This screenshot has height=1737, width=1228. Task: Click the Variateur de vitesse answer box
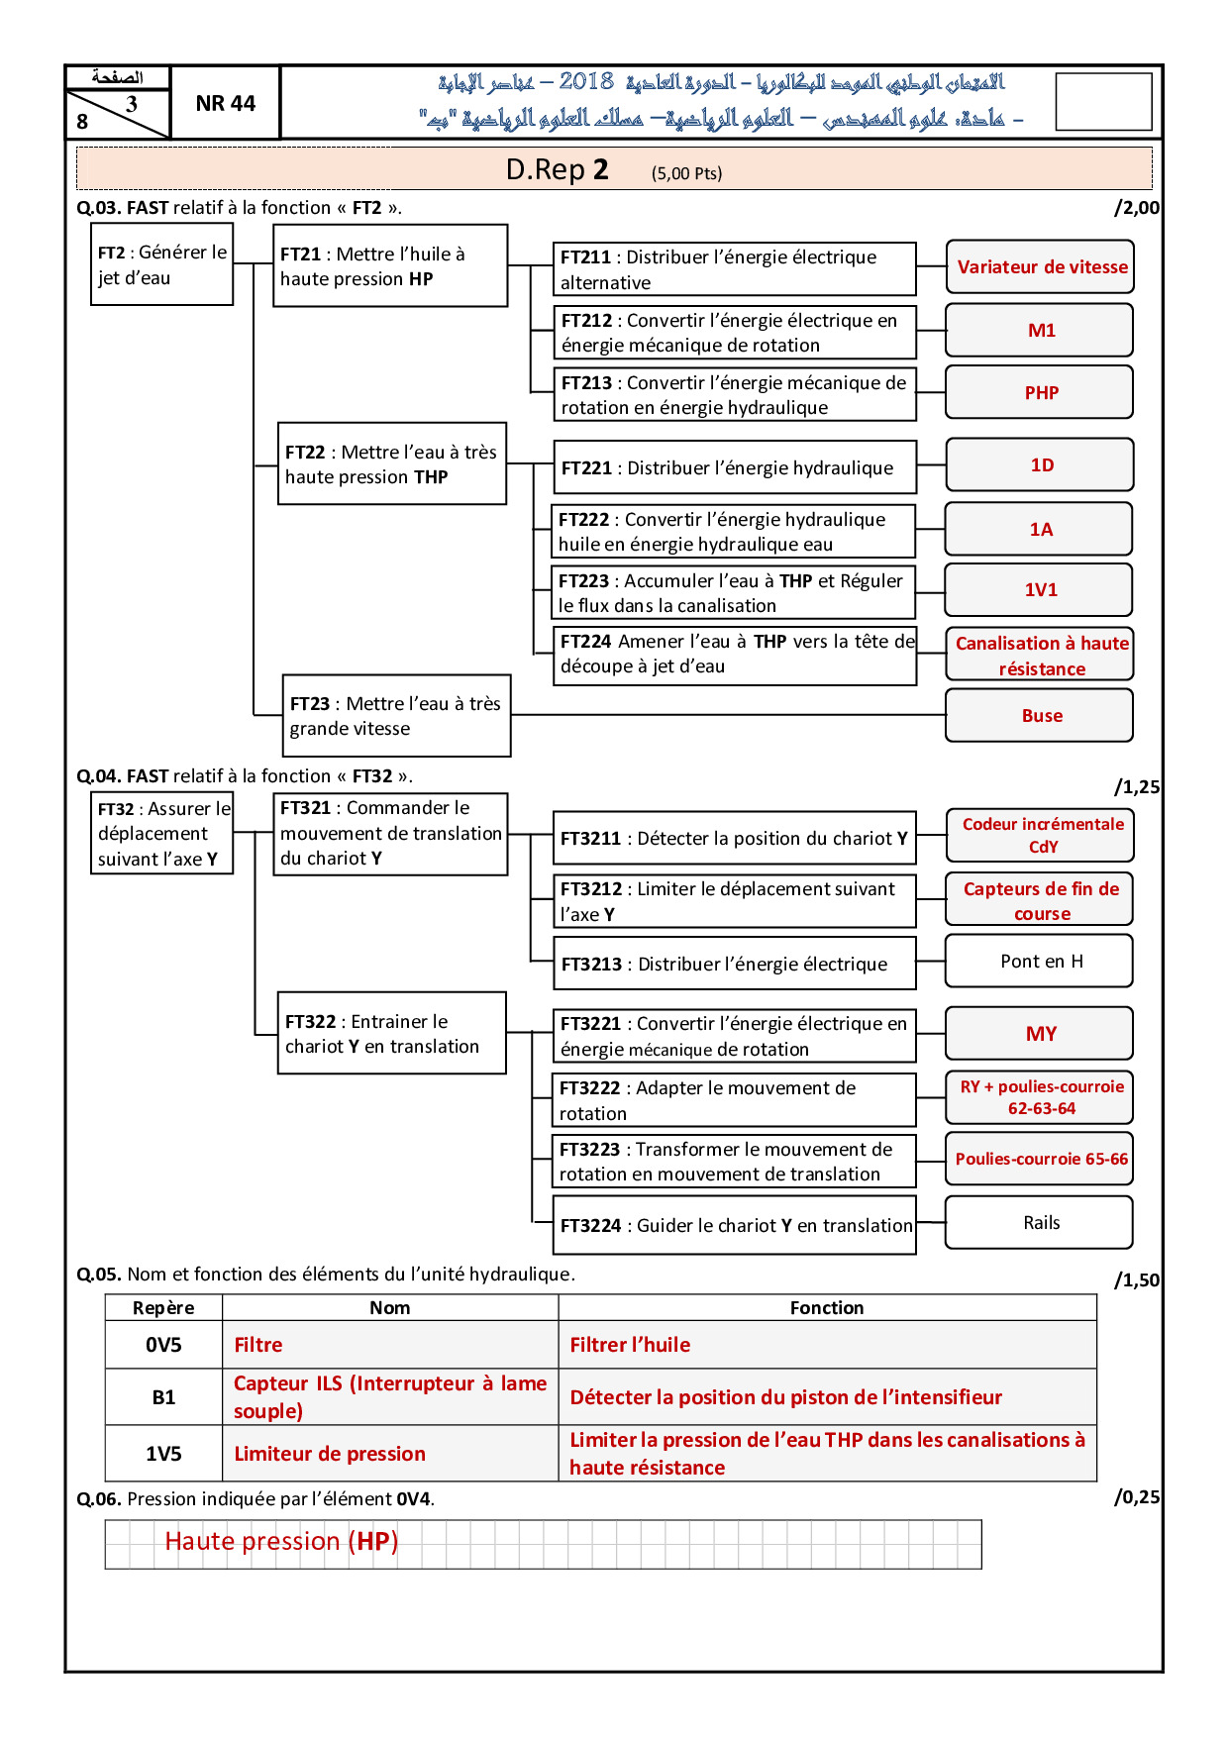pos(1040,266)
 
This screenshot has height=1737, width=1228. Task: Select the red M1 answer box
pos(1040,330)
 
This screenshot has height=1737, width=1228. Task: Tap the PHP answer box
pos(1040,392)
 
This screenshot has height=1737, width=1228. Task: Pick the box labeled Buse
pos(1040,715)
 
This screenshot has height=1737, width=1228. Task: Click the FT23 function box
pos(396,715)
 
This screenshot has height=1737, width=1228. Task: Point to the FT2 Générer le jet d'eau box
pos(161,264)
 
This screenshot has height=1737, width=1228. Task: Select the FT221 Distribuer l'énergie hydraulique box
pos(734,467)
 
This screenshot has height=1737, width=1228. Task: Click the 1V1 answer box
pos(1040,589)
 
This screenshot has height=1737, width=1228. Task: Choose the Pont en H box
pos(1040,961)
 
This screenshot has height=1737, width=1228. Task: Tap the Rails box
pos(1040,1222)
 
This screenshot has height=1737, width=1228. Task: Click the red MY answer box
pos(1040,1033)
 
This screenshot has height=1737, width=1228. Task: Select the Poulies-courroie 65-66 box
pos(1040,1159)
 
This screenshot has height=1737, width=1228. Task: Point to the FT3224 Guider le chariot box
pos(734,1225)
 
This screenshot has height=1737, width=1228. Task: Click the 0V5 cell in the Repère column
pos(163,1345)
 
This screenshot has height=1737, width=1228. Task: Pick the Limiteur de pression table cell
pos(390,1453)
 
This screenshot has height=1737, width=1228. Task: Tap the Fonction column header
pos(827,1307)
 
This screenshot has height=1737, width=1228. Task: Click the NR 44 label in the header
pos(225,103)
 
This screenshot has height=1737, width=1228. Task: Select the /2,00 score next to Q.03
pos(1136,207)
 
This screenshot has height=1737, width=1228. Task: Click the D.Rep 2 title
pos(557,169)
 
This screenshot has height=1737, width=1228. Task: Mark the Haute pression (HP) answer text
pos(281,1541)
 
